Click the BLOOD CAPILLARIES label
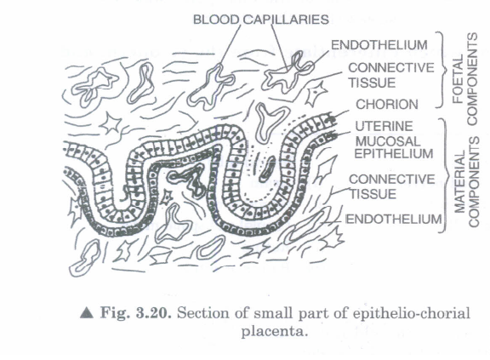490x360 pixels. (x=261, y=20)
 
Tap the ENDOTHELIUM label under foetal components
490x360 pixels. (x=379, y=45)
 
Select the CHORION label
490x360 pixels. (x=387, y=105)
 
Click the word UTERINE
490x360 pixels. (x=384, y=126)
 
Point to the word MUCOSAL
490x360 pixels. (x=388, y=141)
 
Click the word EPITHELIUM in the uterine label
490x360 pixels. (x=394, y=154)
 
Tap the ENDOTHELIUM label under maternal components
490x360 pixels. (x=393, y=219)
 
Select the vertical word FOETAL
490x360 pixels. (x=459, y=79)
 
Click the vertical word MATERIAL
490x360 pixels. (x=459, y=181)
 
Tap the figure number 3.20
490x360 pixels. (x=153, y=313)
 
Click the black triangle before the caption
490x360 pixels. (x=87, y=312)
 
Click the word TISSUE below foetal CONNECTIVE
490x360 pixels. (x=372, y=83)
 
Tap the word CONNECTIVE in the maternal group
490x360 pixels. (x=392, y=180)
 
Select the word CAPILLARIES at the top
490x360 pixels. (x=286, y=20)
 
